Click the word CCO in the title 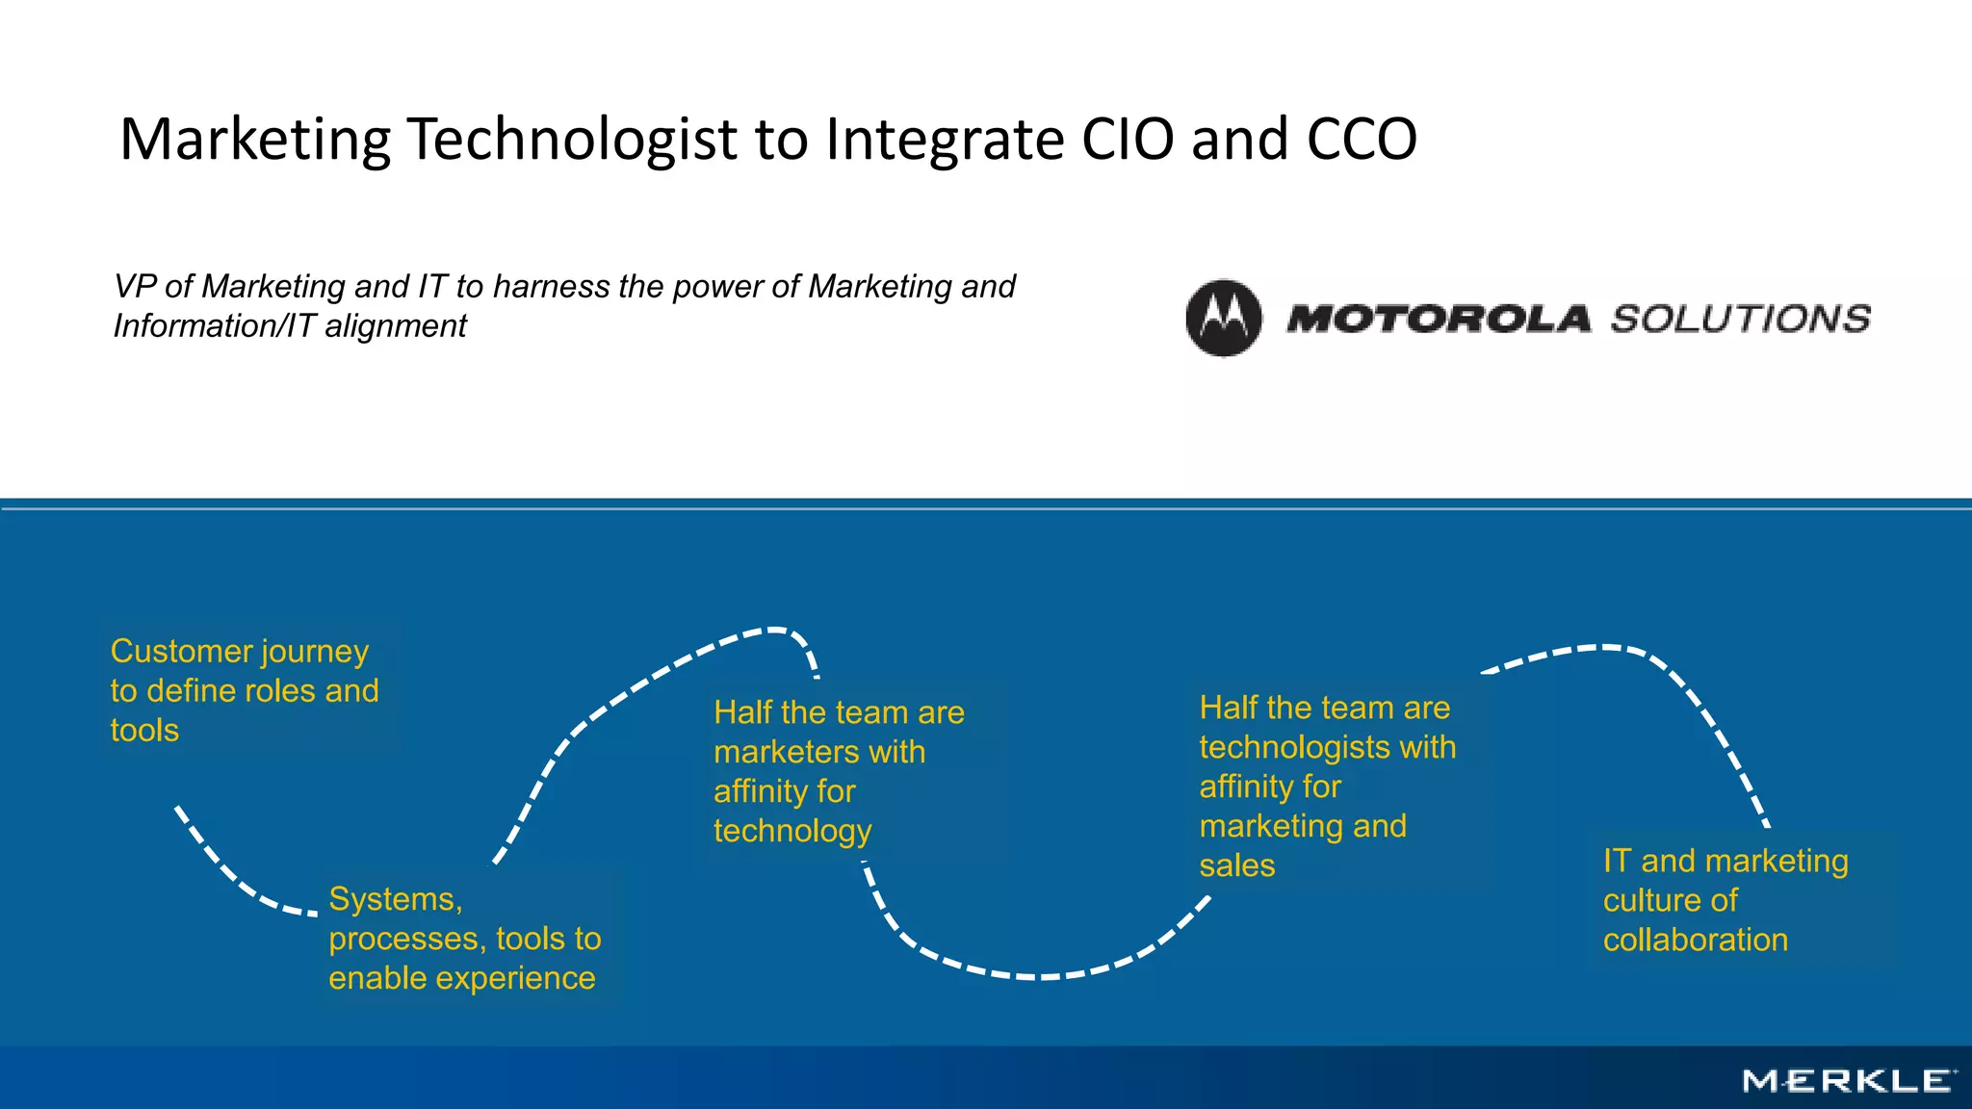point(1362,139)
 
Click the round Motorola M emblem point(1223,319)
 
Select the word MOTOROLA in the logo point(1438,319)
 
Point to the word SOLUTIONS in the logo point(1740,319)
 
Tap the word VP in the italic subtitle point(134,287)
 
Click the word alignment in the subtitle point(395,326)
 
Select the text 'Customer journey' point(239,652)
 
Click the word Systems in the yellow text point(393,899)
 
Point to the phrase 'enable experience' point(461,978)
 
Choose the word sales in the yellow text point(1236,865)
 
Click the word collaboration point(1695,940)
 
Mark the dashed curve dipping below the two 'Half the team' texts point(1040,975)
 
